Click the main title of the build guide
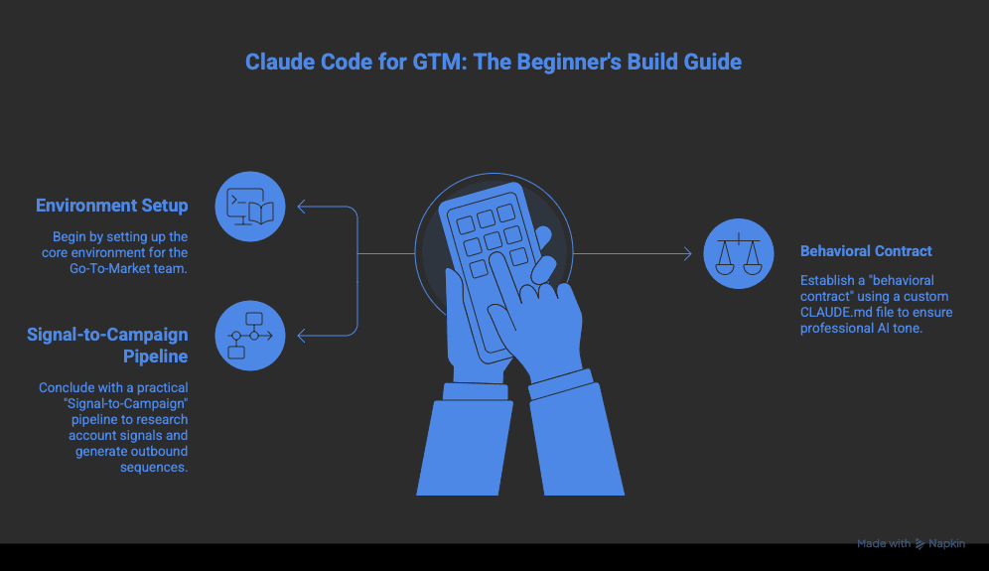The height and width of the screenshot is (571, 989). click(x=494, y=62)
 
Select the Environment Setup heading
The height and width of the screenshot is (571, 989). click(x=112, y=206)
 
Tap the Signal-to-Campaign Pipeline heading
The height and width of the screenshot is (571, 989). click(x=107, y=345)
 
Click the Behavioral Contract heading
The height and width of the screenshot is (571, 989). click(x=866, y=251)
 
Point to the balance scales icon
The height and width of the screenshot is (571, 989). click(x=739, y=253)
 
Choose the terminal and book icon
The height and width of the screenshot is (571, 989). click(x=250, y=207)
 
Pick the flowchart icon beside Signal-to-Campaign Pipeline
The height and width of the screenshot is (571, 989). click(x=250, y=336)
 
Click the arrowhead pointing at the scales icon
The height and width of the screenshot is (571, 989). click(x=686, y=254)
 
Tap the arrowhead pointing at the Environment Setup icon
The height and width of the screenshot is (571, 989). click(x=303, y=208)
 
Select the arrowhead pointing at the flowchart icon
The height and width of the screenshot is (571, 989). click(x=303, y=336)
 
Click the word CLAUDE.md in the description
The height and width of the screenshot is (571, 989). click(x=835, y=312)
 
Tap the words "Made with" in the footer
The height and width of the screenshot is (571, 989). click(x=884, y=544)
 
